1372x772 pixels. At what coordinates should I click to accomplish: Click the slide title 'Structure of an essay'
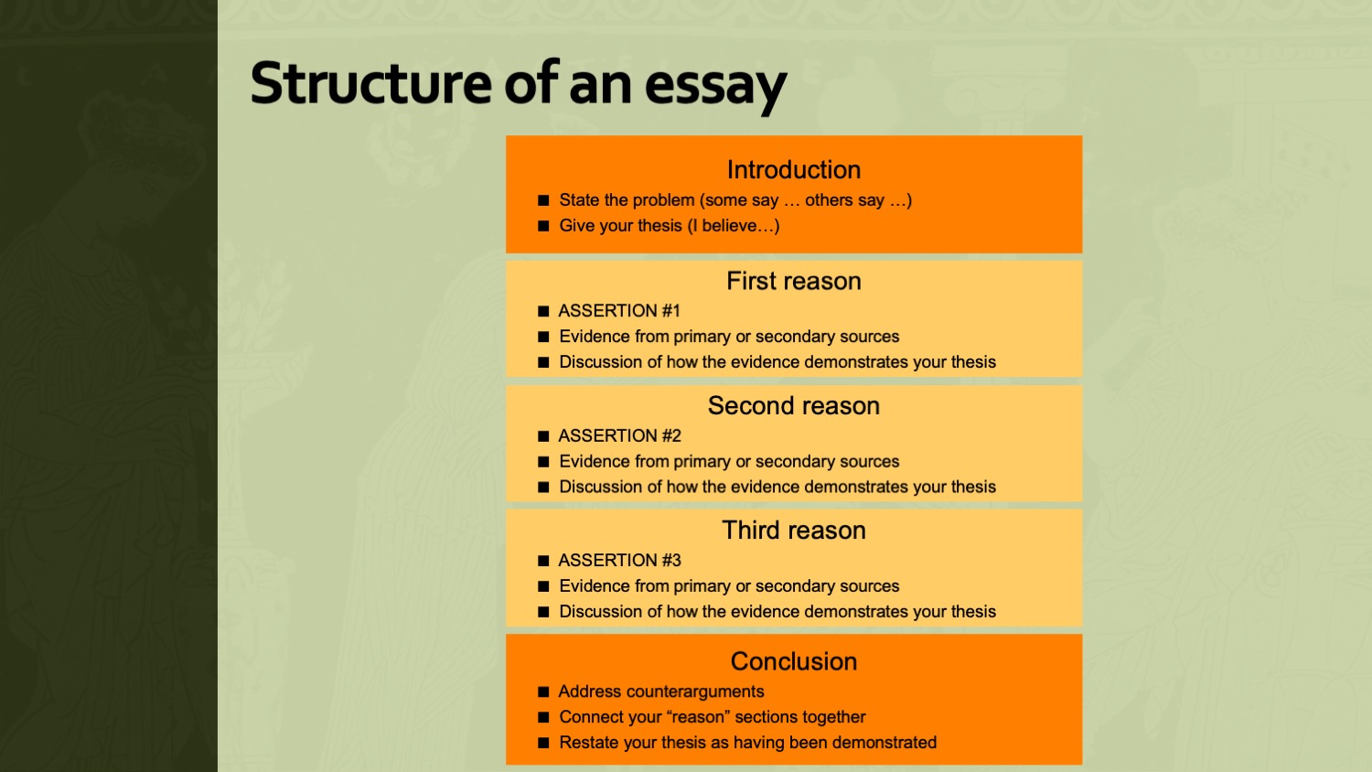click(x=519, y=85)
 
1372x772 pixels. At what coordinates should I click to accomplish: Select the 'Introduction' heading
click(x=794, y=170)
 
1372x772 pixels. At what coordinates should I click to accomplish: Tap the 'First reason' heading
click(x=794, y=281)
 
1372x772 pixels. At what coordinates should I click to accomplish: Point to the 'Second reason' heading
click(x=794, y=405)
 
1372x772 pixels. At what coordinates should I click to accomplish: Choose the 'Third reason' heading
click(x=794, y=531)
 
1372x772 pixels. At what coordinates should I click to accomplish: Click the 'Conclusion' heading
click(x=794, y=661)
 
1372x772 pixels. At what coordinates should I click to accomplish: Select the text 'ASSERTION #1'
click(x=619, y=311)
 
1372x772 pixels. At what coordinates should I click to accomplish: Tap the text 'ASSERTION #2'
click(x=620, y=435)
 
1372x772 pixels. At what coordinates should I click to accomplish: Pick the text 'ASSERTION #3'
click(x=620, y=561)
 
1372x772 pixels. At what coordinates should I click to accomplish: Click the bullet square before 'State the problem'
click(x=543, y=200)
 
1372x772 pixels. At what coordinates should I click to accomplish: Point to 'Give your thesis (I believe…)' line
click(x=670, y=226)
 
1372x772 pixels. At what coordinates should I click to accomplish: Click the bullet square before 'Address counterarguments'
click(x=543, y=692)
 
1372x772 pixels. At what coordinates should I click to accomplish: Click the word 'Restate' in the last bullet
click(x=588, y=743)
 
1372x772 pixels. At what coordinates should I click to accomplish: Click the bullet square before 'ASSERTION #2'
click(x=543, y=436)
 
